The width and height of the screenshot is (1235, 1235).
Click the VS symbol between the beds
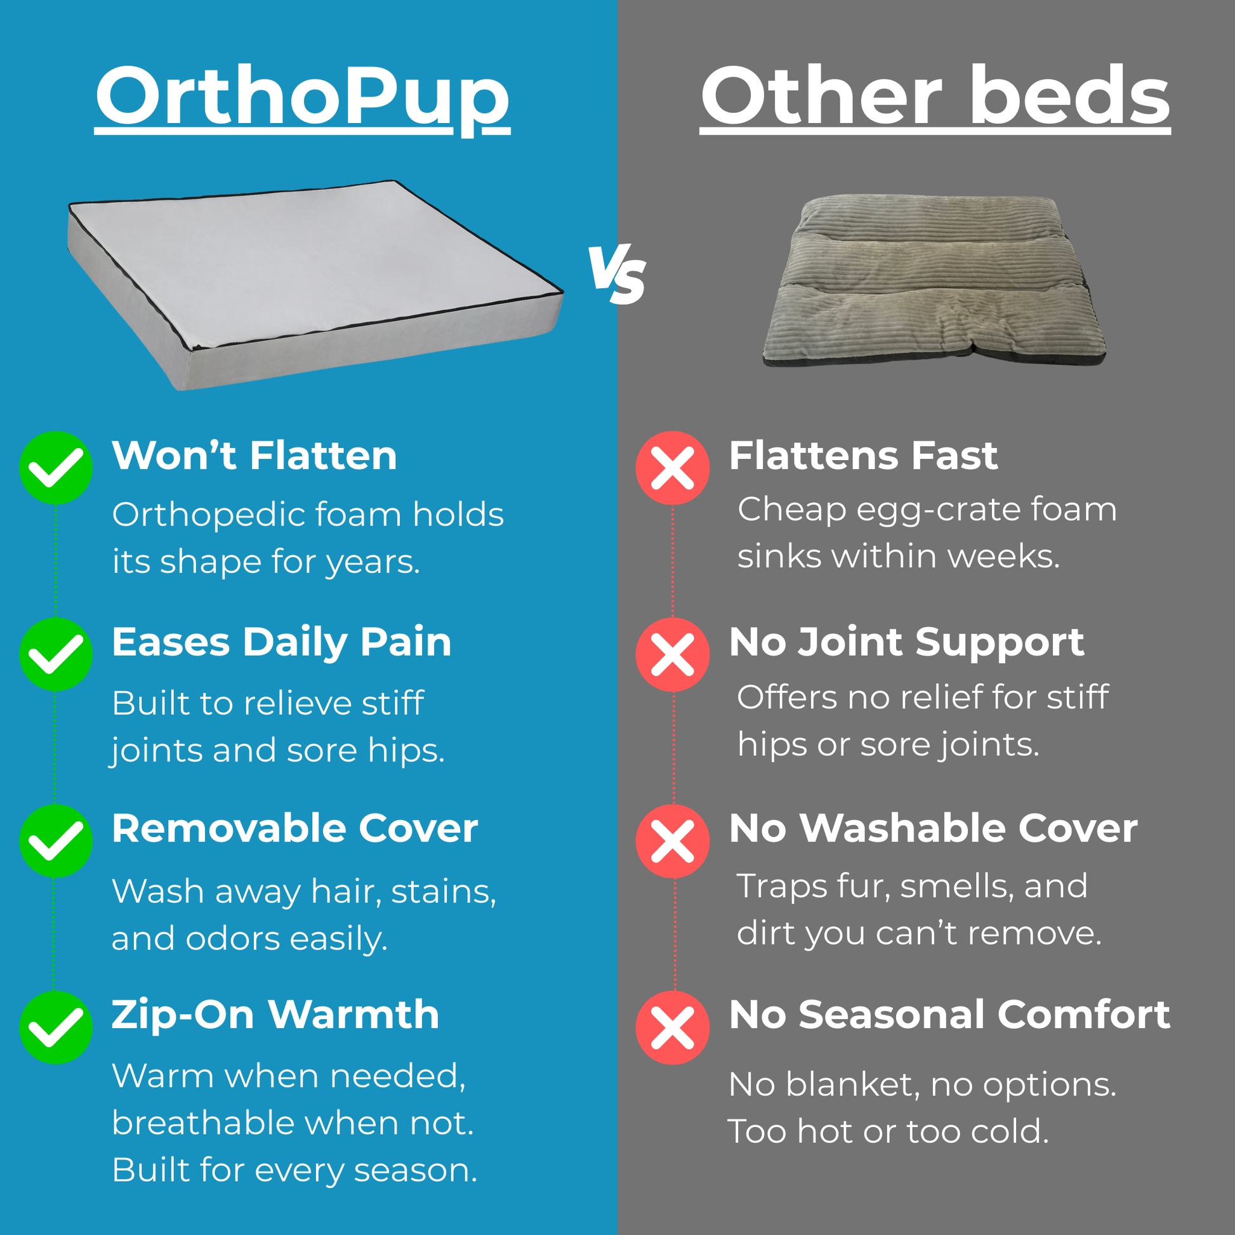click(x=617, y=274)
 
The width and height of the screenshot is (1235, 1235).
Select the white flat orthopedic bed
click(x=315, y=284)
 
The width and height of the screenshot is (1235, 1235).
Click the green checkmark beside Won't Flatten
click(x=56, y=468)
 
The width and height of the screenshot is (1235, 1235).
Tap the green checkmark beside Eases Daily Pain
click(x=56, y=654)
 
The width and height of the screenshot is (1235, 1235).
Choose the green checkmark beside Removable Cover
click(x=56, y=842)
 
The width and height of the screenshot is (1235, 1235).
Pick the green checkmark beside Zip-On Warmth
click(x=56, y=1027)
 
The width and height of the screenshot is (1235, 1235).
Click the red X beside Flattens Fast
click(x=673, y=468)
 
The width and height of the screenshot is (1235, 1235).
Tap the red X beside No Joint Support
click(x=673, y=654)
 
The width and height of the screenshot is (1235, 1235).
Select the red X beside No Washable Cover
click(x=673, y=842)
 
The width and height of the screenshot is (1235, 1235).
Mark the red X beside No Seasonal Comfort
click(x=673, y=1027)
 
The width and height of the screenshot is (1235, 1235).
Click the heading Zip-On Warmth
click(x=275, y=1015)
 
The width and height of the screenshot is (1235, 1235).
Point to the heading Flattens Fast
click(x=863, y=456)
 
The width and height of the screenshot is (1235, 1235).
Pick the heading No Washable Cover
click(x=934, y=828)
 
